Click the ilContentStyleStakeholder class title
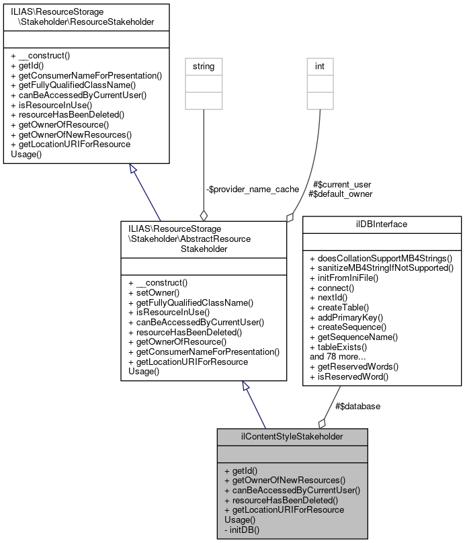pos(292,437)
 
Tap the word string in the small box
pos(204,66)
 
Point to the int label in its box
pos(320,66)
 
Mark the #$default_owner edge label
pos(340,194)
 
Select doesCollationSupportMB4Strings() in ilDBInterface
pos(381,257)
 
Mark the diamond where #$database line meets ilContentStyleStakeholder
pos(322,423)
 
